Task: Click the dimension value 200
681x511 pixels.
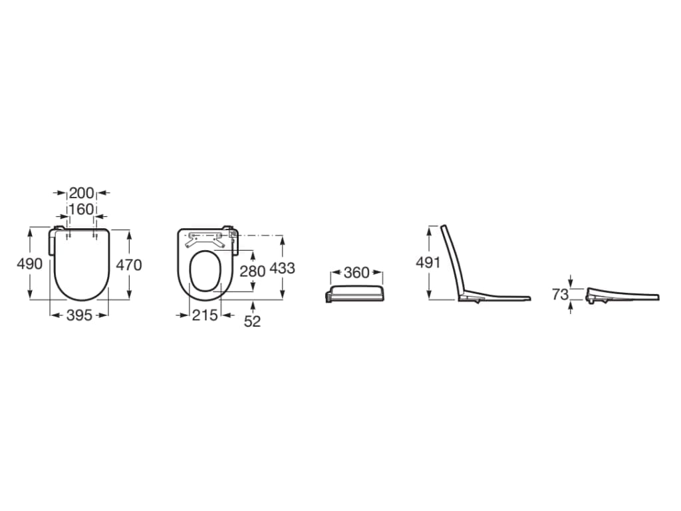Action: click(82, 192)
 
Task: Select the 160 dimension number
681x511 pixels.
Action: click(82, 210)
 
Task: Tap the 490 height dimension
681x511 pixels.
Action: click(29, 263)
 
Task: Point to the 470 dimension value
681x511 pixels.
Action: click(129, 265)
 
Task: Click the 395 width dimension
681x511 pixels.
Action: click(80, 315)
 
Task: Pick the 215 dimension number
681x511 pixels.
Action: click(205, 315)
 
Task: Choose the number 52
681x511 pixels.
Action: click(252, 321)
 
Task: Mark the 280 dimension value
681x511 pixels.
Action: click(253, 271)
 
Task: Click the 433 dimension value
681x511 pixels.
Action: click(282, 269)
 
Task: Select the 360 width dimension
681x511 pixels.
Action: click(356, 273)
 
